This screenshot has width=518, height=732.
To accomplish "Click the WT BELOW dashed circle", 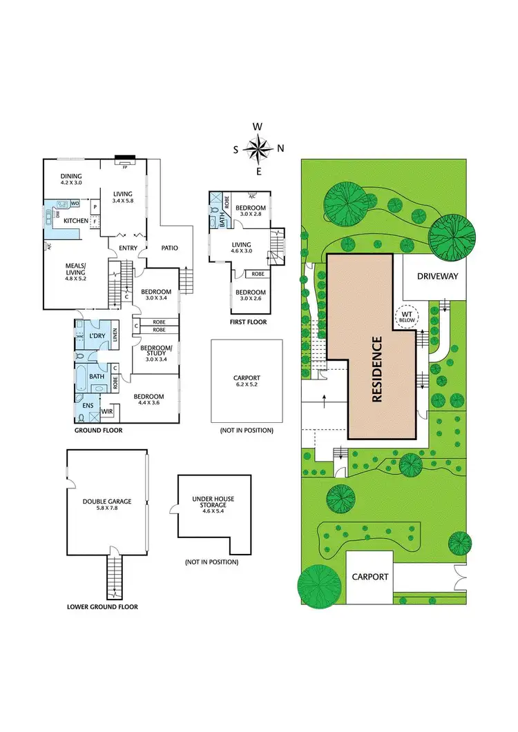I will (x=404, y=316).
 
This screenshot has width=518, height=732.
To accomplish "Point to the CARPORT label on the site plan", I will (x=371, y=577).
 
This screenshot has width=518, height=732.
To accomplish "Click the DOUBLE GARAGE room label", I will (x=107, y=502).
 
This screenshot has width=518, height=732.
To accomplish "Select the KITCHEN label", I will (x=75, y=221).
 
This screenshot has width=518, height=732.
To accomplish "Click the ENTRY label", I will (x=128, y=248).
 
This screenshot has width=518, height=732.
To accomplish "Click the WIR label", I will (x=106, y=411).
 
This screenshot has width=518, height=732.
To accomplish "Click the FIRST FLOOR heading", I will (x=248, y=322).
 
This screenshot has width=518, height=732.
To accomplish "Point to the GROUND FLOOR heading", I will (x=99, y=430).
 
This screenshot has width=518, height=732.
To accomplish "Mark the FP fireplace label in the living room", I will (x=125, y=167).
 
